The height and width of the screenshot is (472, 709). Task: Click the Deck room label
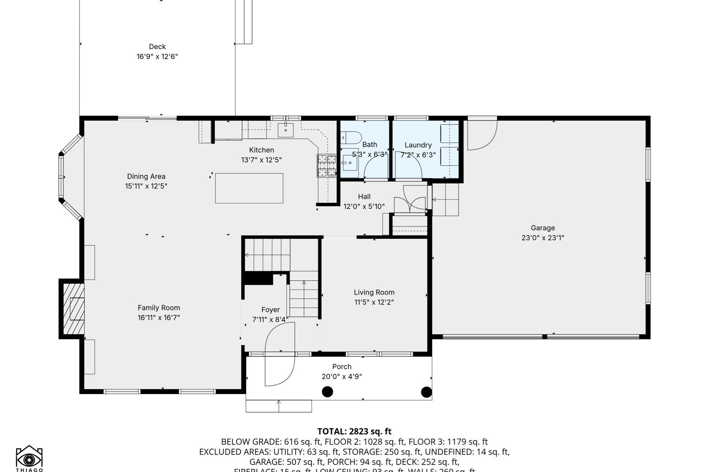click(x=157, y=47)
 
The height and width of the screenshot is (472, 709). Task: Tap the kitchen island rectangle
click(x=249, y=188)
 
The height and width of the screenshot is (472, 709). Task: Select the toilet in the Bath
click(x=351, y=138)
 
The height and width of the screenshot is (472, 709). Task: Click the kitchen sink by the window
click(x=285, y=129)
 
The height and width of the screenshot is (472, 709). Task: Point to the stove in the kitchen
click(x=327, y=165)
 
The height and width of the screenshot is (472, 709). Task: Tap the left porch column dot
click(x=327, y=392)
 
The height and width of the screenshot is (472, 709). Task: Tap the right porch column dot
click(x=426, y=392)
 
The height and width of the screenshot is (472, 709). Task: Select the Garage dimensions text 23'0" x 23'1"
click(x=543, y=238)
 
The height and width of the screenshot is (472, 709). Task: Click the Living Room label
click(x=374, y=292)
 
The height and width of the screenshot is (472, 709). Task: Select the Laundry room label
click(x=418, y=145)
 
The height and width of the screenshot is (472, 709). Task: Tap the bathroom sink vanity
click(x=349, y=162)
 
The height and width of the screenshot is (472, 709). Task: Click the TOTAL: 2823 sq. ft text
click(x=354, y=431)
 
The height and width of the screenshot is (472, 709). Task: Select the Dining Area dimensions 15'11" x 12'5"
click(x=146, y=186)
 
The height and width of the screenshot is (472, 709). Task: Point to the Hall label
click(x=364, y=197)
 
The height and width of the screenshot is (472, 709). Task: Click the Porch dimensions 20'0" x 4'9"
click(x=342, y=376)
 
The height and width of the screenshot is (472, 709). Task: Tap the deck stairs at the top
click(x=243, y=22)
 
